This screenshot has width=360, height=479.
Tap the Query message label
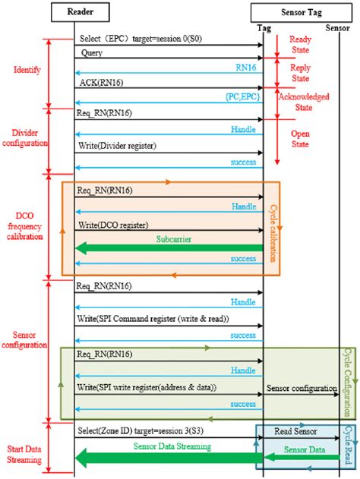point(90,54)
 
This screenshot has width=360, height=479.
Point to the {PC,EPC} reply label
point(241,96)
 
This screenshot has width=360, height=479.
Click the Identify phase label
point(28,70)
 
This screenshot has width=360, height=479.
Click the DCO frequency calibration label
point(26,225)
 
